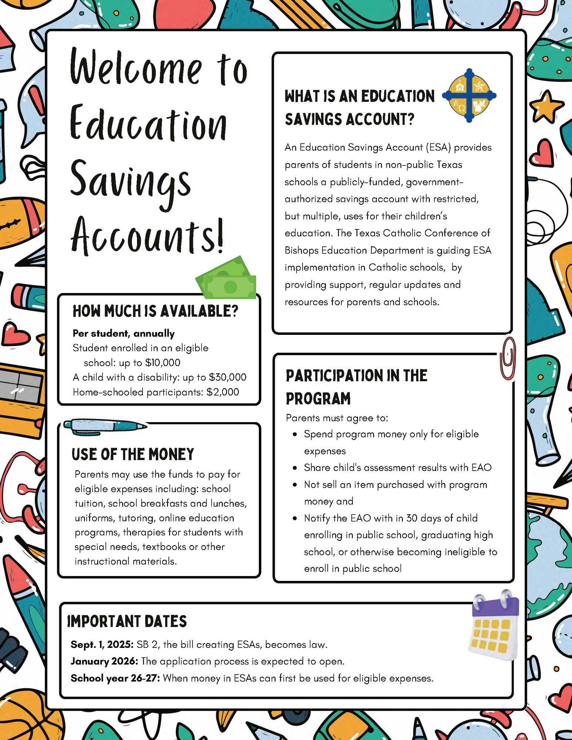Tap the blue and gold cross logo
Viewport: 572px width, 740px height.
[x=469, y=95]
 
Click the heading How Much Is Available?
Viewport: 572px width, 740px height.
[x=155, y=312]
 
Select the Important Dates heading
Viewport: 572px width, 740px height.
[x=127, y=622]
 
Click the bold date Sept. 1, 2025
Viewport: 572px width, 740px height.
[x=102, y=645]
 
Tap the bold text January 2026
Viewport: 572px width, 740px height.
[x=104, y=661]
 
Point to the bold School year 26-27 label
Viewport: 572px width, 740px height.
[x=115, y=678]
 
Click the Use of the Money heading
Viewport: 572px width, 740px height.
[x=133, y=454]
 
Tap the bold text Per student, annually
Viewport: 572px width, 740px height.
[x=123, y=333]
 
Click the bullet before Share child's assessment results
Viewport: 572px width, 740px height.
[x=295, y=468]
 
